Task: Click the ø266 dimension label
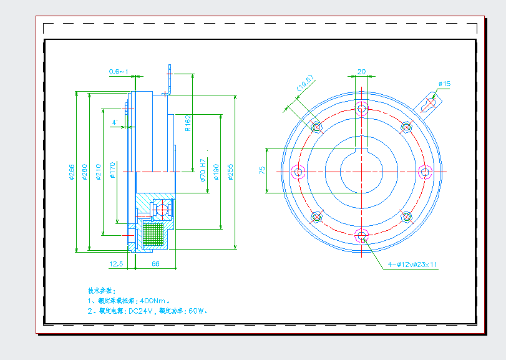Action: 71,172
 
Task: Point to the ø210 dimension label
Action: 99,172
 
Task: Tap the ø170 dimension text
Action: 113,171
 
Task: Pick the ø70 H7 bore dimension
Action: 203,170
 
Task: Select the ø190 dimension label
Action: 217,172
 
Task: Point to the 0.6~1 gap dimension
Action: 118,72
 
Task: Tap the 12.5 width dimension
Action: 116,264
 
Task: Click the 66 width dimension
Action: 155,264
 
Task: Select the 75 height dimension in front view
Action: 262,170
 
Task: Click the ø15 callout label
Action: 444,84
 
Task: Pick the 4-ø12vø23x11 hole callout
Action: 412,265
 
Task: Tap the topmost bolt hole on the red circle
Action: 361,109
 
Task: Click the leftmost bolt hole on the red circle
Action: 298,172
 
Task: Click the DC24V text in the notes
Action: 141,310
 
